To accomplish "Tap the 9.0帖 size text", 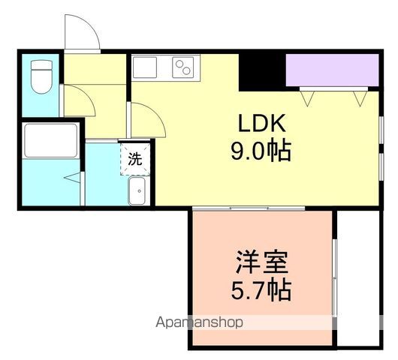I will pyautogui.click(x=261, y=152).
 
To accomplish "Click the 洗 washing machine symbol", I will pyautogui.click(x=135, y=159).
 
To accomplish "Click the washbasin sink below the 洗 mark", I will pyautogui.click(x=138, y=192).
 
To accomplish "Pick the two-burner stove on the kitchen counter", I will pyautogui.click(x=182, y=68).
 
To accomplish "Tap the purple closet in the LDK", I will pyautogui.click(x=331, y=70).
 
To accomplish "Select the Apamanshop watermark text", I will pyautogui.click(x=199, y=323).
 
